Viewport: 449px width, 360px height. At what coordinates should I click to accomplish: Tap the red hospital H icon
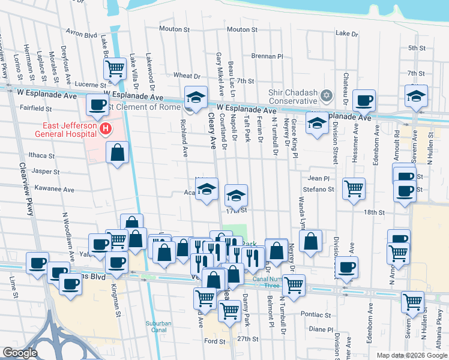point(106,128)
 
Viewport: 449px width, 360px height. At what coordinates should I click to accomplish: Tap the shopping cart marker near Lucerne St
point(115,69)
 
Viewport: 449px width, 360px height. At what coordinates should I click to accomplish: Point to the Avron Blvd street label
point(82,35)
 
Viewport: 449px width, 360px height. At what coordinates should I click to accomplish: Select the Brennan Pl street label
point(267,56)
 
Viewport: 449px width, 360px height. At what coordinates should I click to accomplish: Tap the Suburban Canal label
point(160,328)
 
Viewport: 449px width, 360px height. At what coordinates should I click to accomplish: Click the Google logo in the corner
point(20,353)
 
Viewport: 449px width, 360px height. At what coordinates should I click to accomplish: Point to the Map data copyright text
point(411,355)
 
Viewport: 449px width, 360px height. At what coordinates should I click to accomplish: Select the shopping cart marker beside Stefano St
point(354,188)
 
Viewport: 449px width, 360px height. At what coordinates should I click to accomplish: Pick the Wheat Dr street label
point(187,76)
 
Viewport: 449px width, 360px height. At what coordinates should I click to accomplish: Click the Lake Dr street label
point(346,34)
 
